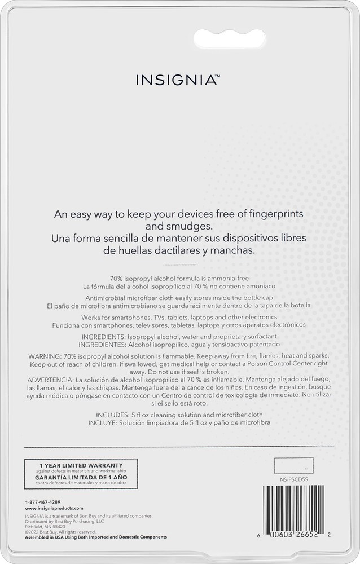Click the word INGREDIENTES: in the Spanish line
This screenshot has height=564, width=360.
pyautogui.click(x=103, y=344)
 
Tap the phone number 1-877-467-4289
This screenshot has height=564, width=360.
pyautogui.click(x=43, y=501)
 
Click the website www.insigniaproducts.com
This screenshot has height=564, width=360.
pyautogui.click(x=54, y=508)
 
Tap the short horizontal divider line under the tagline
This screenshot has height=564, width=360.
pyautogui.click(x=179, y=264)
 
